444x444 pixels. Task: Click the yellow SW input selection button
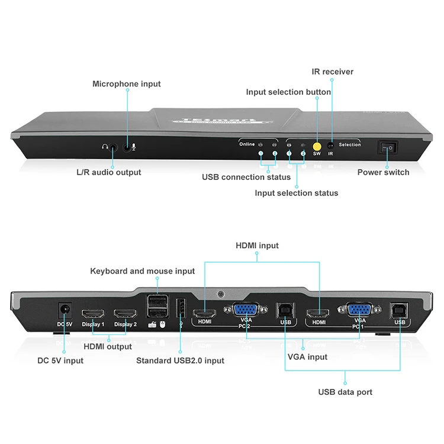[x=317, y=144]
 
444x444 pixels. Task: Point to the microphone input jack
[x=127, y=146]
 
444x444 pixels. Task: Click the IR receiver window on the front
[x=331, y=144]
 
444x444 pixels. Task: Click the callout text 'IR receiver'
[x=333, y=72]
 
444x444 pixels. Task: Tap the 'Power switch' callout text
[x=383, y=172]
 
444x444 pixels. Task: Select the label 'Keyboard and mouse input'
[x=142, y=271]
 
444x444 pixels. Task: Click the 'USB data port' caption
[x=345, y=392]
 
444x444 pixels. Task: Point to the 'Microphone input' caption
[x=127, y=84]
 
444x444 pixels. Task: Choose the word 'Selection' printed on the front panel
[x=350, y=144]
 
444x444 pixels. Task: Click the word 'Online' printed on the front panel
[x=247, y=144]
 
